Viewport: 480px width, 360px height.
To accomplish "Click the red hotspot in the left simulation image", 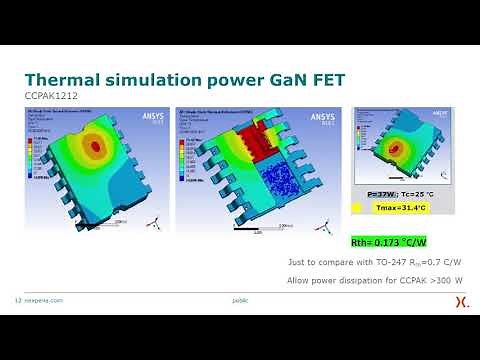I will coord(96,146).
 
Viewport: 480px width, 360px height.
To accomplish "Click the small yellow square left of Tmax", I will coord(358,208).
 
